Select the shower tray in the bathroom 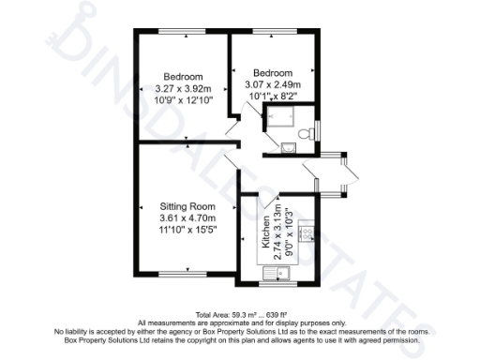(x=281, y=119)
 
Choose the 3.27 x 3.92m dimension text (x=183, y=88)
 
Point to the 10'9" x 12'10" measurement (x=183, y=100)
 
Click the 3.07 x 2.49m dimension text (x=273, y=83)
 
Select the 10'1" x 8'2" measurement (x=273, y=95)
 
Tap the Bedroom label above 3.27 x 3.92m (x=183, y=76)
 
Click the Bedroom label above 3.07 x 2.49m (x=273, y=72)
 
